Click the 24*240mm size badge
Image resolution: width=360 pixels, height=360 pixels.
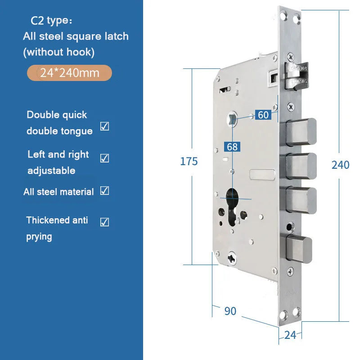tap(69, 73)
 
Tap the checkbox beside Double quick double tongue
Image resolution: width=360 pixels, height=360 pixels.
tap(104, 126)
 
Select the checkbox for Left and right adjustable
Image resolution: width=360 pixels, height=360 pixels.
tap(104, 158)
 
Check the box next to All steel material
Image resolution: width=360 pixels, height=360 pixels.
tap(104, 190)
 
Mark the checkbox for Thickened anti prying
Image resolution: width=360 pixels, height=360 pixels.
tap(104, 222)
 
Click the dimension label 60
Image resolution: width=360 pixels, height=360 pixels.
tap(263, 115)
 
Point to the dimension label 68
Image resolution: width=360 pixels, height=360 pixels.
tap(232, 147)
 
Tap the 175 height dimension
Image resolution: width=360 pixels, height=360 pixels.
tap(189, 162)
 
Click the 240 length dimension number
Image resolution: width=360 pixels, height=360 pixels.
tap(340, 165)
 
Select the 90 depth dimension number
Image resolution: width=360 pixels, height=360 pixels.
tap(230, 311)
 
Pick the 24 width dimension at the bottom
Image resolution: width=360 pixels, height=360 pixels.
tap(290, 335)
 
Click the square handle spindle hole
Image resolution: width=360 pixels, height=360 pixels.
tap(232, 119)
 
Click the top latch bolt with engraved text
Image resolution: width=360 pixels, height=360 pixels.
tap(297, 76)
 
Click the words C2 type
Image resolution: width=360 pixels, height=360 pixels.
tap(51, 21)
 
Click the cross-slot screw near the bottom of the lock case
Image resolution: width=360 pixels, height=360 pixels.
tap(232, 258)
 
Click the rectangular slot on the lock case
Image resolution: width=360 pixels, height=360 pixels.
tap(262, 175)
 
